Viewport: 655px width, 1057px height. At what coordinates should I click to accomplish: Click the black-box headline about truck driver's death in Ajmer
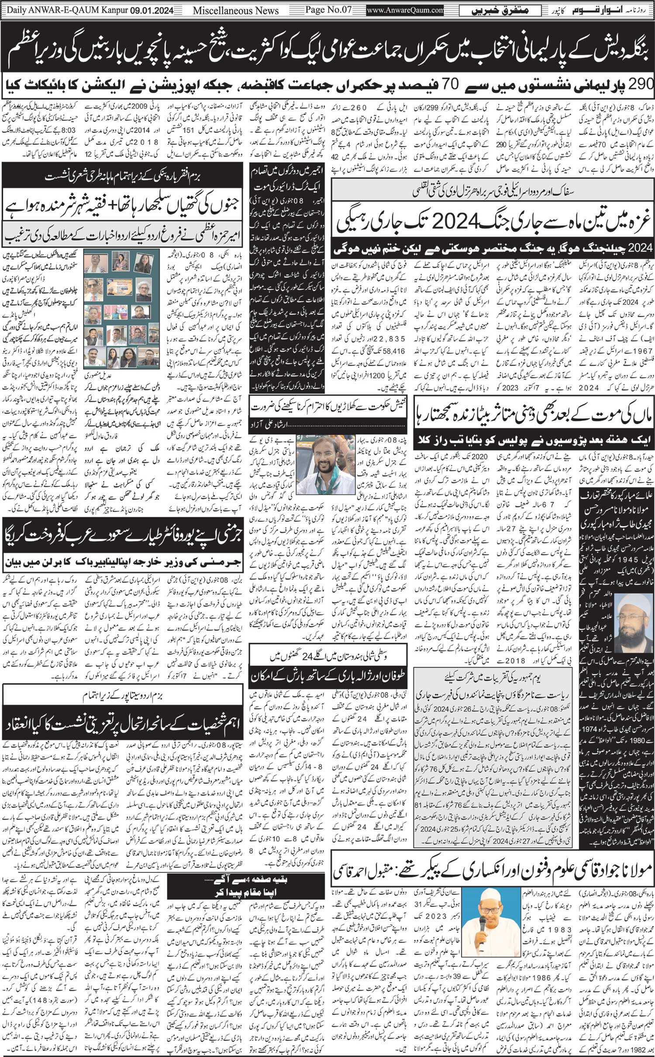tap(287, 178)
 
